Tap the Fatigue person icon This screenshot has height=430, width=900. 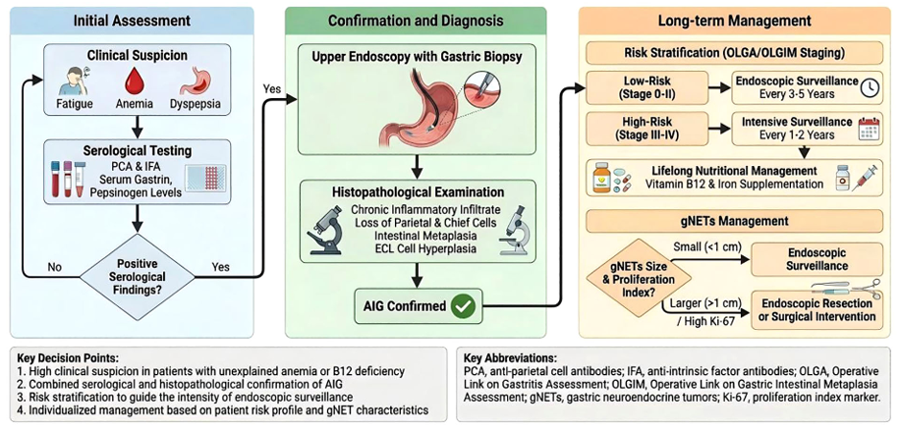[74, 82]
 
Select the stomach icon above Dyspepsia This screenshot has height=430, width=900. [197, 82]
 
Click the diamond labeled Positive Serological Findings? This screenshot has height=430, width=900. [138, 277]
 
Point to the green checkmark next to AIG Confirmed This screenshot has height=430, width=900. [463, 306]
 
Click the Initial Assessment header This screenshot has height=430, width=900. [132, 22]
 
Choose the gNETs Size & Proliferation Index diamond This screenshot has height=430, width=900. [639, 278]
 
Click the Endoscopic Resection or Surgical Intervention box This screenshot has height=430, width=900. [816, 309]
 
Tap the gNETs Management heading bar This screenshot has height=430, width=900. [735, 221]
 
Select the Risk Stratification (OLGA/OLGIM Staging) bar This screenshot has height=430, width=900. [735, 54]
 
